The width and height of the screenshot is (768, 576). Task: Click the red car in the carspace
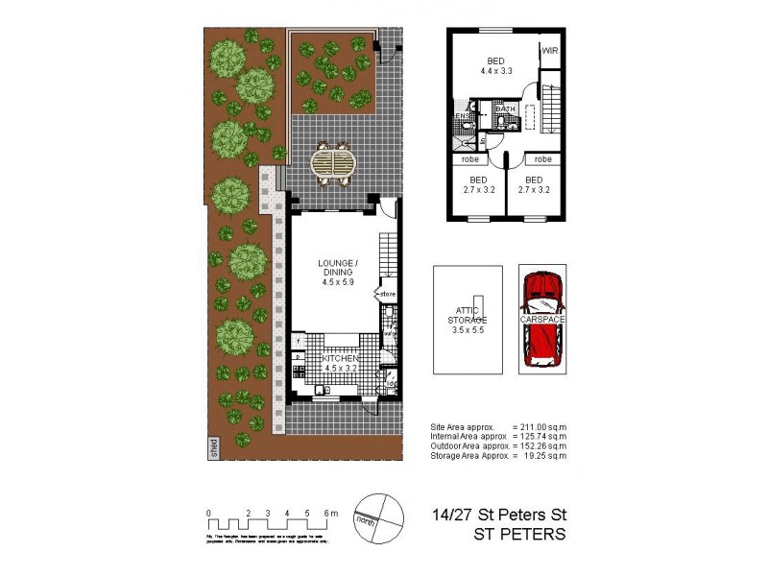(542, 317)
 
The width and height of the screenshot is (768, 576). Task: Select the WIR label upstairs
(550, 50)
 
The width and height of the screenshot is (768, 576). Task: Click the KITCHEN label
(343, 358)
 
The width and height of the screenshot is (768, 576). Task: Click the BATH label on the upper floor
(506, 109)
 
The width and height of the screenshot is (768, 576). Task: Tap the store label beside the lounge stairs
(388, 294)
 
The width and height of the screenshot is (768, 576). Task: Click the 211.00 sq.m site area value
(540, 426)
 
